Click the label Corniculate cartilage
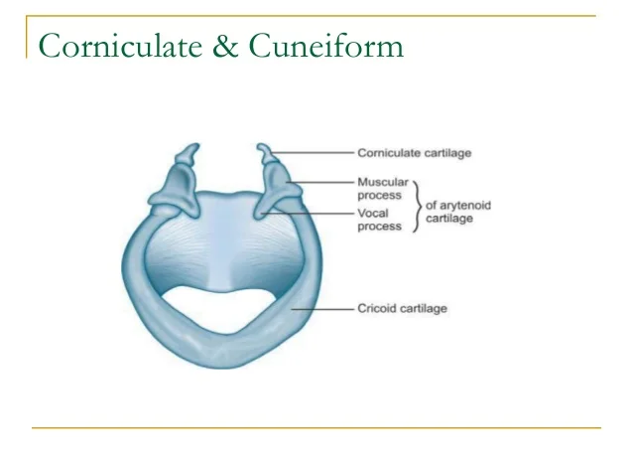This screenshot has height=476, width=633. click(x=414, y=153)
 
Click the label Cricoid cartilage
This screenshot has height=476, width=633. click(x=403, y=309)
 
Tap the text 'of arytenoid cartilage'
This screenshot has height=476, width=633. click(x=458, y=212)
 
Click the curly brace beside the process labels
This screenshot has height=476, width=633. click(x=417, y=205)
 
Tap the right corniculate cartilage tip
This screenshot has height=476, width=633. click(x=263, y=151)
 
